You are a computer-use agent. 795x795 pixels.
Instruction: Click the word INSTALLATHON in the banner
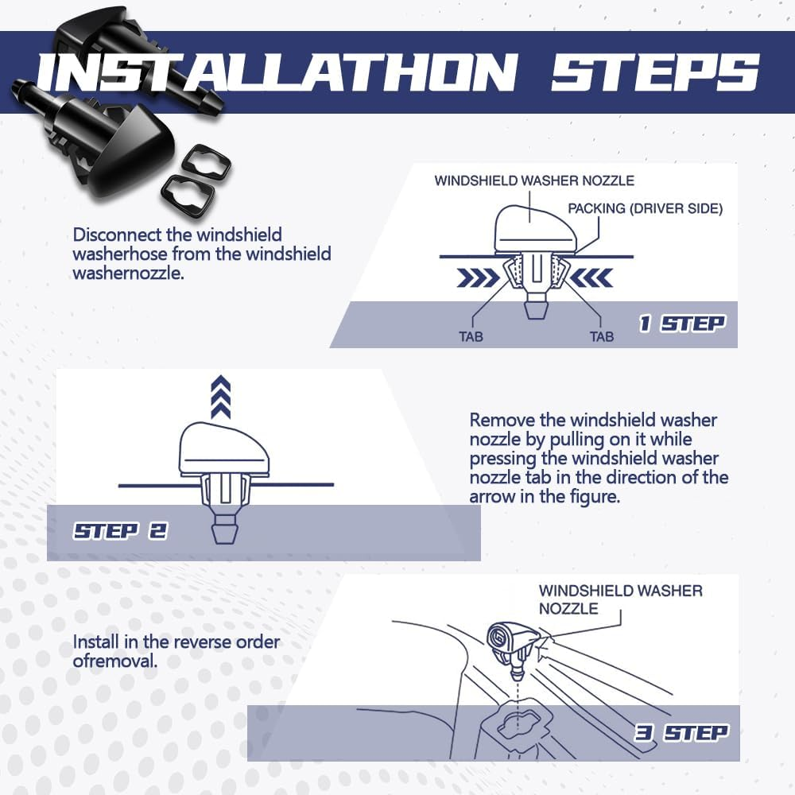click(x=277, y=72)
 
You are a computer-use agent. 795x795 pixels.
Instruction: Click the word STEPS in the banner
click(x=654, y=72)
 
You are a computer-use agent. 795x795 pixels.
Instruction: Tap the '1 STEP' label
click(x=682, y=324)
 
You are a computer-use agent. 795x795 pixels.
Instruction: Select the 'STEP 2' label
click(x=120, y=531)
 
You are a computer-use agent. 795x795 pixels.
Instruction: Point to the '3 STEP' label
click(x=681, y=733)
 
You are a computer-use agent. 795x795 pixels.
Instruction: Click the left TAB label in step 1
click(x=471, y=336)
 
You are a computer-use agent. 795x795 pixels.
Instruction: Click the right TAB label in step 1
click(x=602, y=336)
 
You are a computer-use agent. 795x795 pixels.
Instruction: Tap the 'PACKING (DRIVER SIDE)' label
click(x=645, y=208)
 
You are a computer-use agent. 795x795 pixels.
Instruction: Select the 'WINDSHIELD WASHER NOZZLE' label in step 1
click(x=534, y=180)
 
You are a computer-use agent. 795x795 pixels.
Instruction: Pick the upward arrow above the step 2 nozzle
click(x=220, y=397)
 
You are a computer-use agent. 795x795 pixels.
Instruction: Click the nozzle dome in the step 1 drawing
click(x=535, y=229)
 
